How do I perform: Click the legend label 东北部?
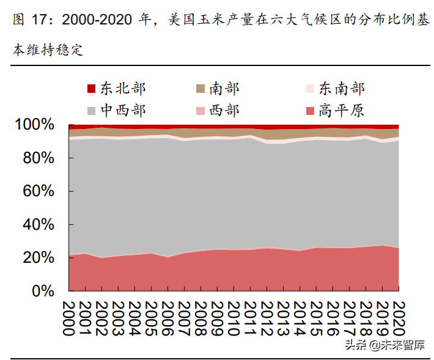[x=123, y=89]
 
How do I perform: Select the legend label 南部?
[x=224, y=89]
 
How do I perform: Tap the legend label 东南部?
[x=342, y=89]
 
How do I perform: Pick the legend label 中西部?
[x=123, y=110]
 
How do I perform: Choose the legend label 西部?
[x=224, y=110]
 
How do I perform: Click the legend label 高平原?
[x=342, y=110]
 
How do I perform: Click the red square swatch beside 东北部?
[x=92, y=89]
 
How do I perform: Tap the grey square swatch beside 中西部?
[x=92, y=111]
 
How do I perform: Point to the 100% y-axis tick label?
[x=35, y=125]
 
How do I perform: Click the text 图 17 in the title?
[x=30, y=20]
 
